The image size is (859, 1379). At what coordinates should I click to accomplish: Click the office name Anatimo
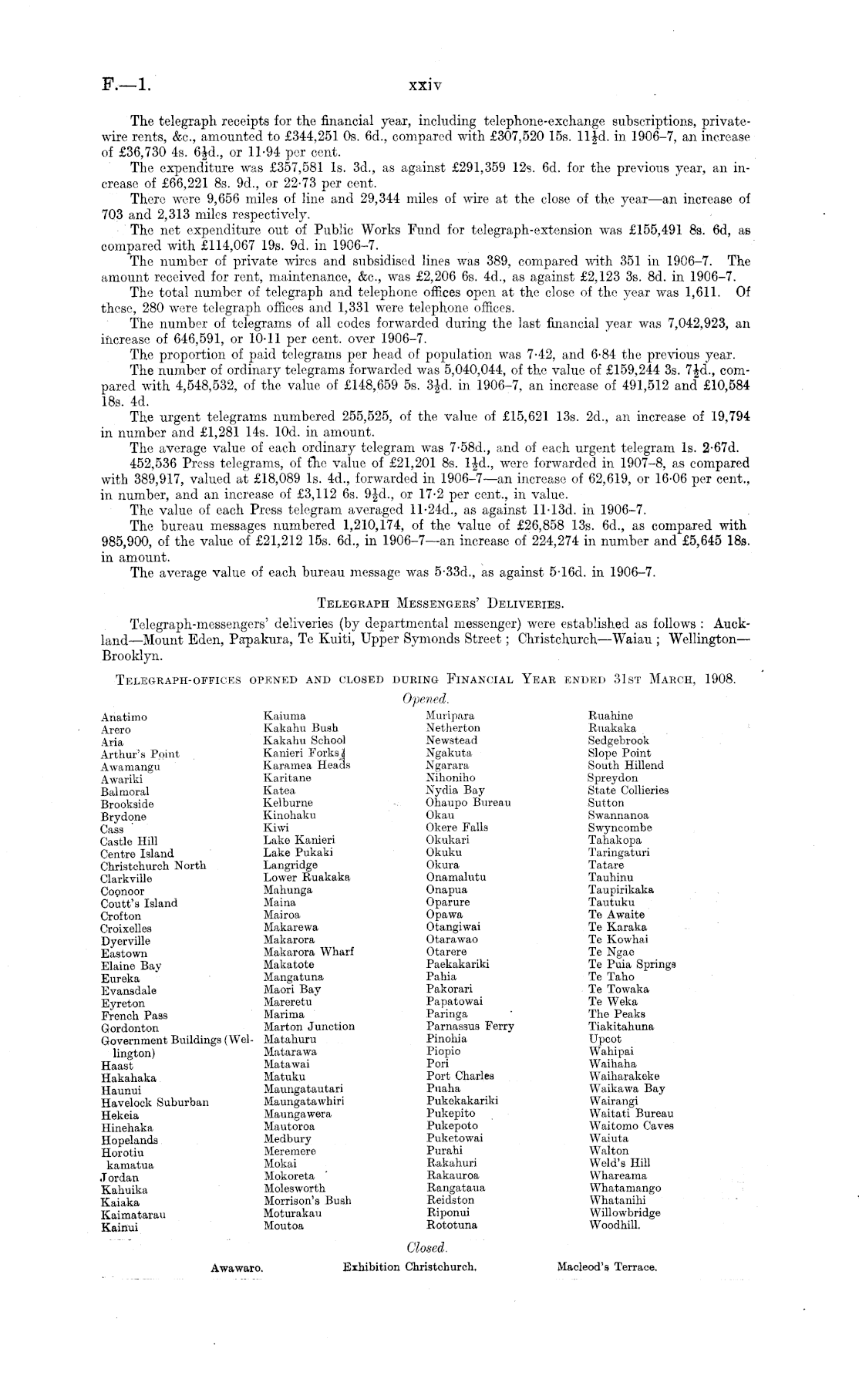tap(123, 717)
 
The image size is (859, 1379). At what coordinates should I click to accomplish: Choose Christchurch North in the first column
tap(153, 865)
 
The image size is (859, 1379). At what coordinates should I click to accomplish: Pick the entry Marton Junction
tap(308, 1027)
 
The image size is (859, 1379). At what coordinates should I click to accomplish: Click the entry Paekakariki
tap(457, 964)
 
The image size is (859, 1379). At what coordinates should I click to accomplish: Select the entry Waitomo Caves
tap(631, 1125)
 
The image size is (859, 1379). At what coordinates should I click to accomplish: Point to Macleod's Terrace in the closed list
tap(606, 1267)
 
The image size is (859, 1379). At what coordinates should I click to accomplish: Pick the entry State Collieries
tap(628, 791)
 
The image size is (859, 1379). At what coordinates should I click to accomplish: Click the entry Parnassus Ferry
tap(470, 1027)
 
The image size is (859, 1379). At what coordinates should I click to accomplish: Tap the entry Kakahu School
tap(304, 740)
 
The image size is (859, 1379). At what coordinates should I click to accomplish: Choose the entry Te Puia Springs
tap(631, 964)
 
